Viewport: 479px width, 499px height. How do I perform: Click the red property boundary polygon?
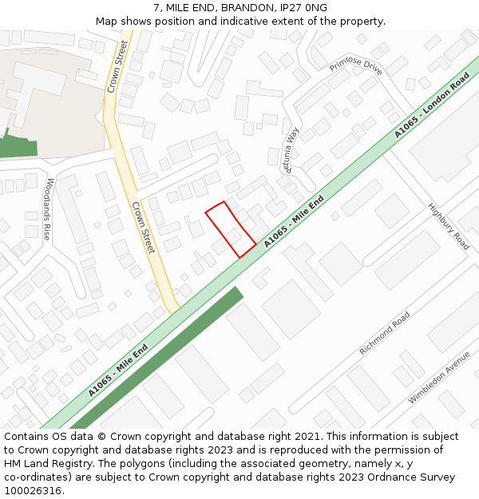(231, 229)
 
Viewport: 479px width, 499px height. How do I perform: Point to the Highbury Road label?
(449, 226)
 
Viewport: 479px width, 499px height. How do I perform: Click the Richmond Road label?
(385, 333)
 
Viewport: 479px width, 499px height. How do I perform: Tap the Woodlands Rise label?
(48, 209)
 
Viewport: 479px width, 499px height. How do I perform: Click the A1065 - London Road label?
(432, 105)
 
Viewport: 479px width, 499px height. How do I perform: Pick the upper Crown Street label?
(118, 66)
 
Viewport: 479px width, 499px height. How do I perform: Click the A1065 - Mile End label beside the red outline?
(294, 220)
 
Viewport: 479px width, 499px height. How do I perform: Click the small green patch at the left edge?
(18, 146)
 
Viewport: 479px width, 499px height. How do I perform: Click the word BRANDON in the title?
(244, 8)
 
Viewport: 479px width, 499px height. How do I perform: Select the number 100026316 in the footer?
(33, 491)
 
